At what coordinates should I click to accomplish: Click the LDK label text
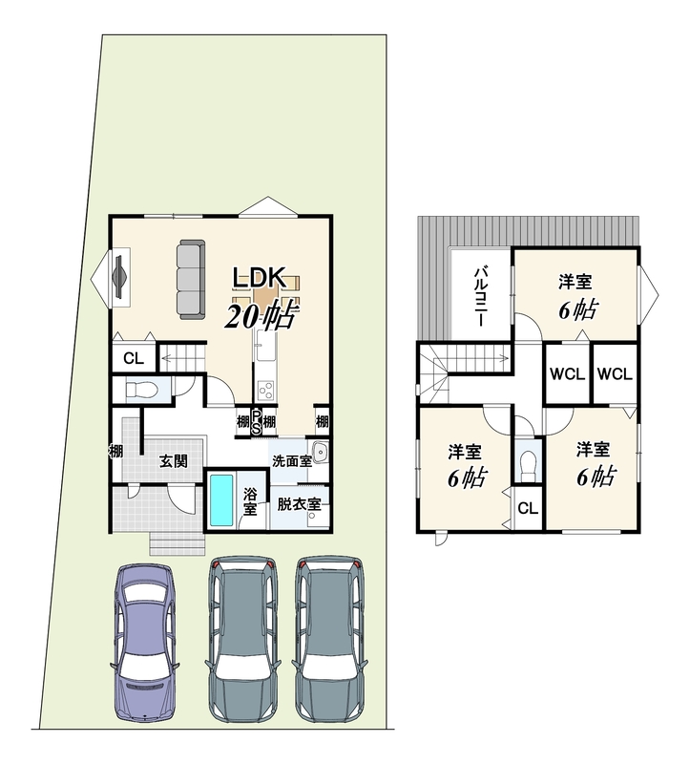coord(259,278)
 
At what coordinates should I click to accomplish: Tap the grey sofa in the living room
coord(191,279)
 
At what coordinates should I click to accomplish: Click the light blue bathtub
coord(221,500)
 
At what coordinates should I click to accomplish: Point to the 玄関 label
coord(174,461)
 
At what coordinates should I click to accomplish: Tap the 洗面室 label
coord(291,461)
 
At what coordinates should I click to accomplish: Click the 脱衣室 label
coord(299,504)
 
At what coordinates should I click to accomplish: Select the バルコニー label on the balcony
coord(481,296)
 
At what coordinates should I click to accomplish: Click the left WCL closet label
coord(567,374)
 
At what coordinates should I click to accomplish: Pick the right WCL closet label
coord(615,374)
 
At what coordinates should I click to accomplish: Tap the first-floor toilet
coord(140,390)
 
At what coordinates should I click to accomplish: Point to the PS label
coord(256,421)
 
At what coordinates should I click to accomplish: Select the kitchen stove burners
coord(266,391)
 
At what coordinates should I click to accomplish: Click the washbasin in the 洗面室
coord(320,452)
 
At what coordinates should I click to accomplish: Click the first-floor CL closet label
coord(134,359)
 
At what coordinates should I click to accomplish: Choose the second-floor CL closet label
coord(529,509)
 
